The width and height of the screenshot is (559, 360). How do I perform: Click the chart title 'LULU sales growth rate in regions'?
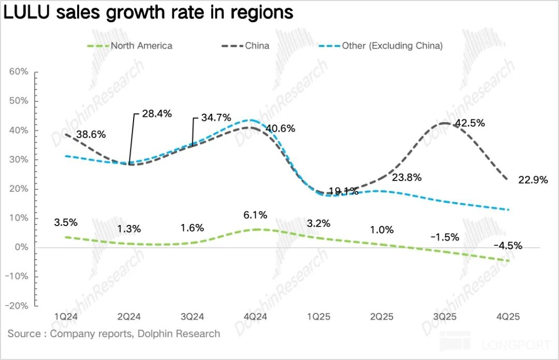(x=149, y=12)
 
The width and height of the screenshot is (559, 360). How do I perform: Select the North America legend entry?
(x=141, y=46)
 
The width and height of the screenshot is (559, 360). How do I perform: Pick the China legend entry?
(x=257, y=46)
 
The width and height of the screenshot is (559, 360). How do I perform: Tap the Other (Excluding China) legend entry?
(x=392, y=46)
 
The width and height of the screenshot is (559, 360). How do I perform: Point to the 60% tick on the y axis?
(x=19, y=71)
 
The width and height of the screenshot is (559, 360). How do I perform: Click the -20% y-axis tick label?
(x=17, y=306)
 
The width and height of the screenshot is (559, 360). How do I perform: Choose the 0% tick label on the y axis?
(x=21, y=247)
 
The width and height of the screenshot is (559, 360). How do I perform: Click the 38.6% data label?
(x=91, y=134)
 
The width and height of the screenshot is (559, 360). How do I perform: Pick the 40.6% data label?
(x=281, y=128)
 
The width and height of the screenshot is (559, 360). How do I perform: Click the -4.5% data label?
(x=508, y=246)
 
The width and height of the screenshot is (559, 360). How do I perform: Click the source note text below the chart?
(x=114, y=334)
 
